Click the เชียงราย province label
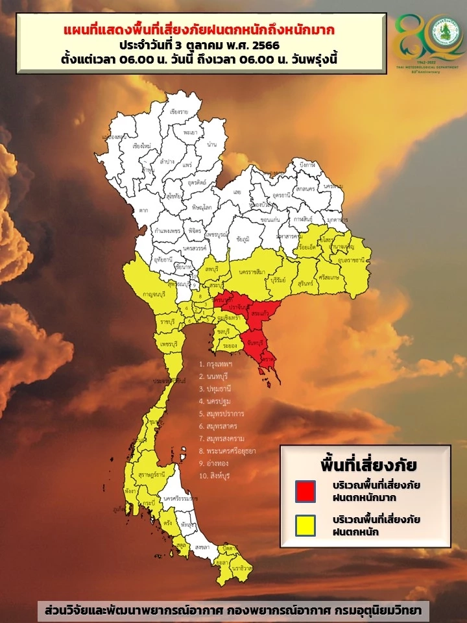(179, 112)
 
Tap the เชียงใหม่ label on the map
(141, 146)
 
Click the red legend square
(305, 491)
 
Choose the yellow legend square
(305, 525)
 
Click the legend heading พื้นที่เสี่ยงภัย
(368, 465)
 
